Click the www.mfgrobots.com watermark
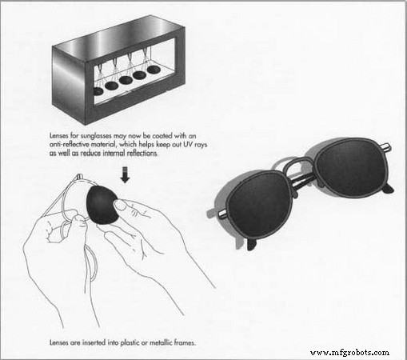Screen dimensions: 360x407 (349, 351)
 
